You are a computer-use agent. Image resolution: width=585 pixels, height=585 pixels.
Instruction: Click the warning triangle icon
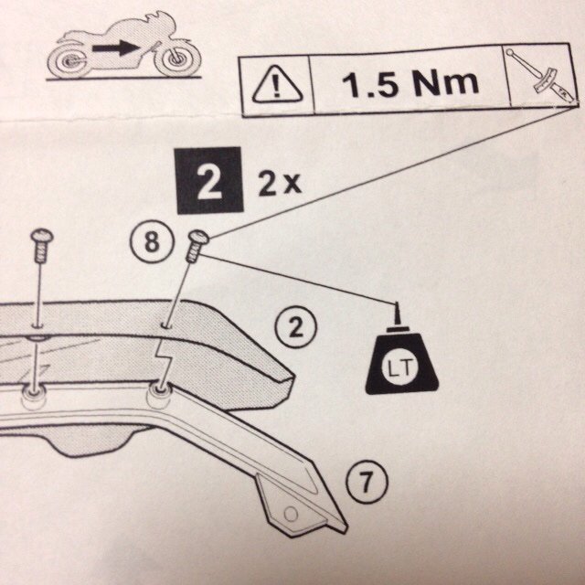[x=273, y=87]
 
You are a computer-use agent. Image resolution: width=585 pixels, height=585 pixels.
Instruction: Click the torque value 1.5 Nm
[x=409, y=85]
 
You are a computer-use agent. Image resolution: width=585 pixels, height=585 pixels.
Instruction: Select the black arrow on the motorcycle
[x=121, y=46]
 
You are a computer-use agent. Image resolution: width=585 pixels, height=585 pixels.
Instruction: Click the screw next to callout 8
[x=195, y=246]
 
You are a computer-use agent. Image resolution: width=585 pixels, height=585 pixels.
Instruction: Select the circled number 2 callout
[x=295, y=327]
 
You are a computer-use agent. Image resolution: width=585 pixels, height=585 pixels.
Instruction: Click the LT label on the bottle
[x=398, y=368]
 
